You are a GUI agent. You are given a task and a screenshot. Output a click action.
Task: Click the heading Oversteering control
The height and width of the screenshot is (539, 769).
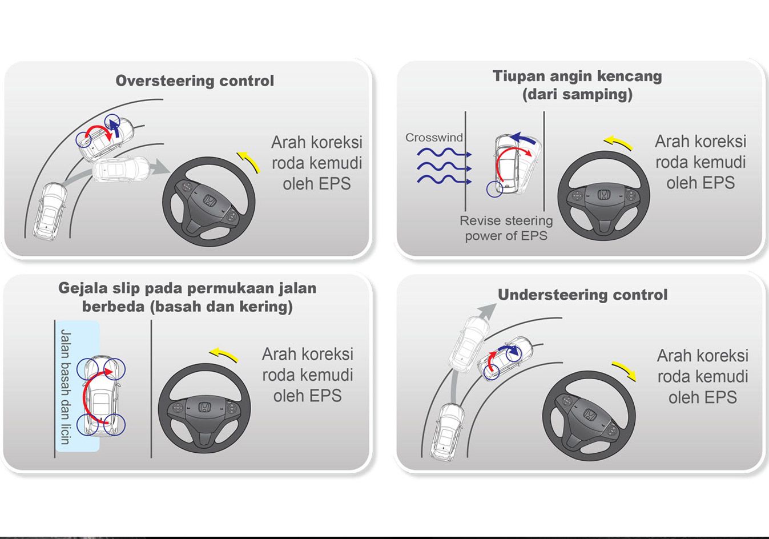[195, 81]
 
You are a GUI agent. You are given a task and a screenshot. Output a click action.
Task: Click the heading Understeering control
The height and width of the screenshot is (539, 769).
[582, 295]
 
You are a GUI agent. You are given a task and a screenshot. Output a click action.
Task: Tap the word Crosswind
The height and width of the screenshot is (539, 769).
[434, 138]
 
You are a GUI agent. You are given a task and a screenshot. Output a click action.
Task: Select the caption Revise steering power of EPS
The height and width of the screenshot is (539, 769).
[506, 228]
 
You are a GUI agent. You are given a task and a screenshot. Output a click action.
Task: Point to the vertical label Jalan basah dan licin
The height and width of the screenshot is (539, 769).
[65, 387]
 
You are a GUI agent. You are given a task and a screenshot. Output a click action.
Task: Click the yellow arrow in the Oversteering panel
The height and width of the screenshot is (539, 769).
[248, 161]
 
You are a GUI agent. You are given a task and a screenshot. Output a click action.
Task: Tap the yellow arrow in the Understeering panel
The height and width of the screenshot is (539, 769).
[624, 370]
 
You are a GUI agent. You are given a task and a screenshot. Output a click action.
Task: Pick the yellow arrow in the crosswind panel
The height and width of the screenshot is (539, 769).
[618, 143]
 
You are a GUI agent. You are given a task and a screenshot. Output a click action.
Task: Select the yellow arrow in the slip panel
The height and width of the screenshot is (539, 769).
[224, 355]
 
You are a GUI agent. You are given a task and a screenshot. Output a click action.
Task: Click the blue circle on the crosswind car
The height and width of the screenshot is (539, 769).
[495, 190]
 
